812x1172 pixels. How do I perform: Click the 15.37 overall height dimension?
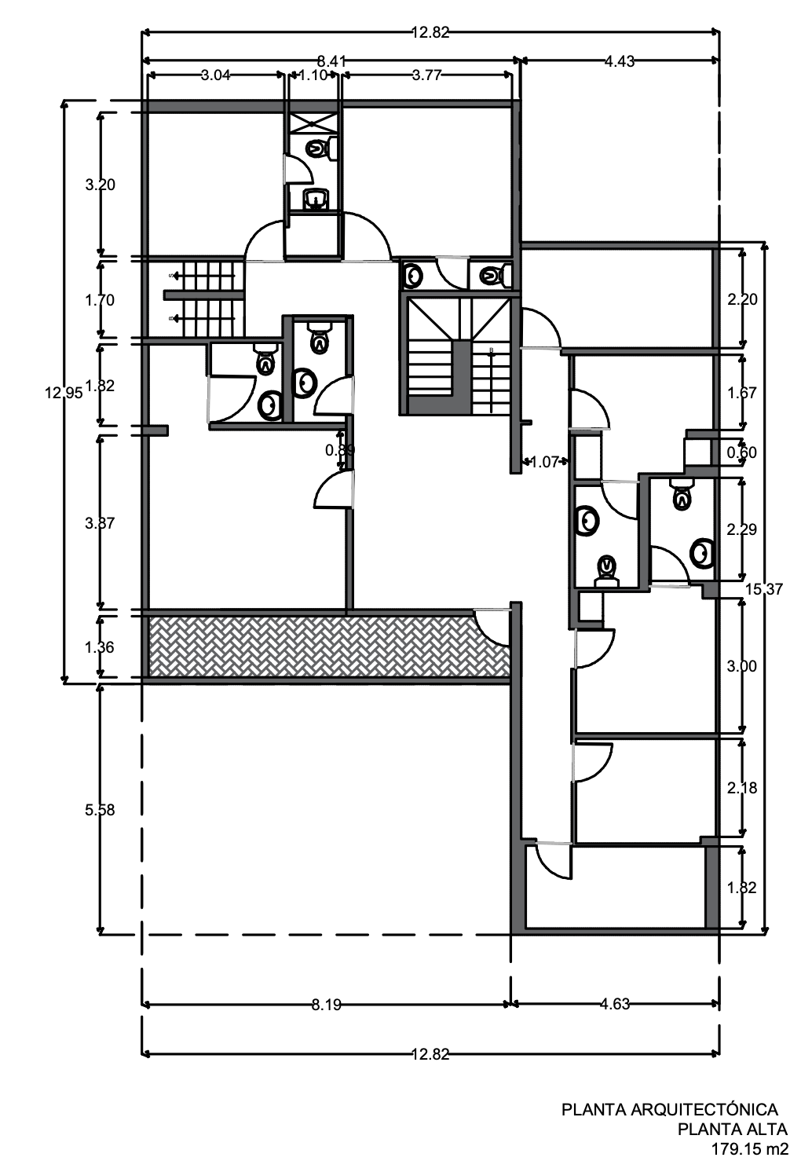(x=763, y=588)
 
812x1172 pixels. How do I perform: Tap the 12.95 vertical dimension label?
(x=64, y=394)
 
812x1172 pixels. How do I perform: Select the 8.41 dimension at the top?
(x=331, y=60)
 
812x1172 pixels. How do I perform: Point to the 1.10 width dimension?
(x=313, y=75)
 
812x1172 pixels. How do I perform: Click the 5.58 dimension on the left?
(x=100, y=810)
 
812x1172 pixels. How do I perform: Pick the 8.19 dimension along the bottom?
(x=326, y=1004)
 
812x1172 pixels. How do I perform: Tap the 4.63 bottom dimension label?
(x=615, y=1004)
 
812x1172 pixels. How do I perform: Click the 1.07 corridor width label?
(x=543, y=462)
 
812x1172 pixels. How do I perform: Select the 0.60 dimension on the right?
(x=742, y=452)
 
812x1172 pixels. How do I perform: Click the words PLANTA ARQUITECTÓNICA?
(x=669, y=1109)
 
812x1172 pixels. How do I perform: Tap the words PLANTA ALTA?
(x=732, y=1130)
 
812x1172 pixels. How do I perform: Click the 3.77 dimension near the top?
(x=426, y=75)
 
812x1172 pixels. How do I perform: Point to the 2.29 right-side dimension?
(x=742, y=529)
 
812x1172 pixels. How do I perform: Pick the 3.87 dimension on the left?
(x=100, y=522)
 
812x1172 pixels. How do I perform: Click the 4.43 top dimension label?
(x=620, y=60)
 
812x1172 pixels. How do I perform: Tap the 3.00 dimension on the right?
(x=742, y=666)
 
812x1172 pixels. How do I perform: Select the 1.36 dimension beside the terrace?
(x=100, y=647)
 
